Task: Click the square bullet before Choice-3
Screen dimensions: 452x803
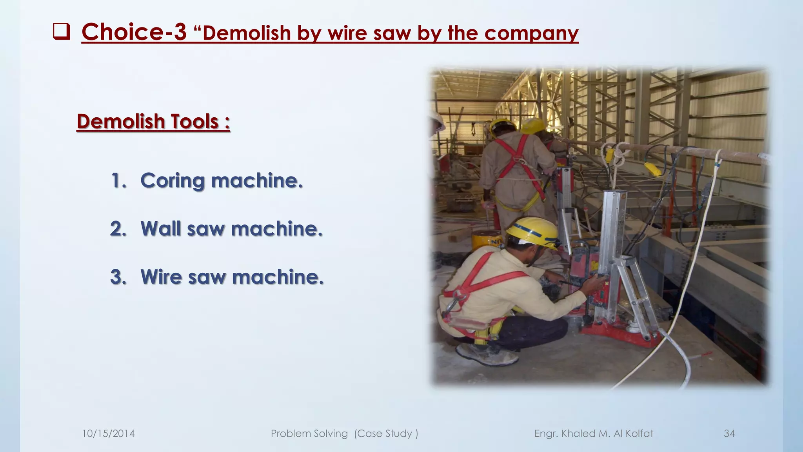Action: (61, 32)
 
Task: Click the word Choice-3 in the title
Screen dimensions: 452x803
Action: (134, 32)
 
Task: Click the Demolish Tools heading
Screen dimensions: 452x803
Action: (153, 121)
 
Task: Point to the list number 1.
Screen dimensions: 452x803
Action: (118, 181)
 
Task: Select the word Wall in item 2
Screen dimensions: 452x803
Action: (161, 229)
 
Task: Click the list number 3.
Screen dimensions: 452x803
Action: (118, 277)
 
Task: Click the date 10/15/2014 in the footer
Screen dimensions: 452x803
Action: (108, 434)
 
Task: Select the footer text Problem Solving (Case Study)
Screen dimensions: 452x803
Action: (344, 434)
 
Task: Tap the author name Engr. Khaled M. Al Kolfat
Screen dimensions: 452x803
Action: (594, 434)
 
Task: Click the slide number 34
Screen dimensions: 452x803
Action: (729, 434)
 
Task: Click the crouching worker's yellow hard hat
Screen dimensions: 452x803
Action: (533, 232)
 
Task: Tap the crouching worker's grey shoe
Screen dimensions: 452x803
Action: (486, 355)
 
